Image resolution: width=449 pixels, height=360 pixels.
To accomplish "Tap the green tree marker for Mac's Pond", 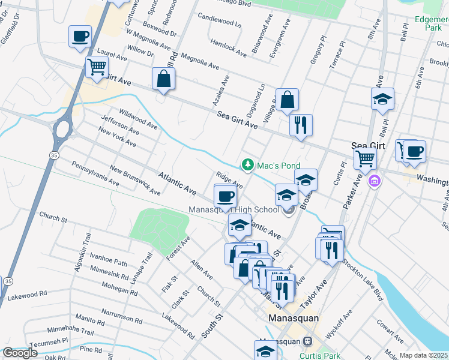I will tap(247, 164).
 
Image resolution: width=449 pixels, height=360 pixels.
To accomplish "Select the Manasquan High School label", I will tap(234, 210).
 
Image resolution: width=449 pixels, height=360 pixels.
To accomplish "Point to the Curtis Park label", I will tap(316, 355).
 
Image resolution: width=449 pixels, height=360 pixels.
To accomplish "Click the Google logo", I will tap(20, 353).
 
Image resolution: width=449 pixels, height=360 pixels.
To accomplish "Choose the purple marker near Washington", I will tap(375, 180).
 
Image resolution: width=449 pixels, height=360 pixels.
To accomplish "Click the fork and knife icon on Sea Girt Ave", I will tap(300, 125).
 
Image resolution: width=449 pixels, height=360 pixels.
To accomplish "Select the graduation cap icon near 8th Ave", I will tap(382, 100).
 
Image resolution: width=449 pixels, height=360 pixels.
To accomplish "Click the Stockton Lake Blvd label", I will tap(362, 280).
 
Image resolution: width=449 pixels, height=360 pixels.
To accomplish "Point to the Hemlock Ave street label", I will tap(229, 48).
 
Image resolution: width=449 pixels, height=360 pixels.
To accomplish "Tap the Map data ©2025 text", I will tap(423, 355).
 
